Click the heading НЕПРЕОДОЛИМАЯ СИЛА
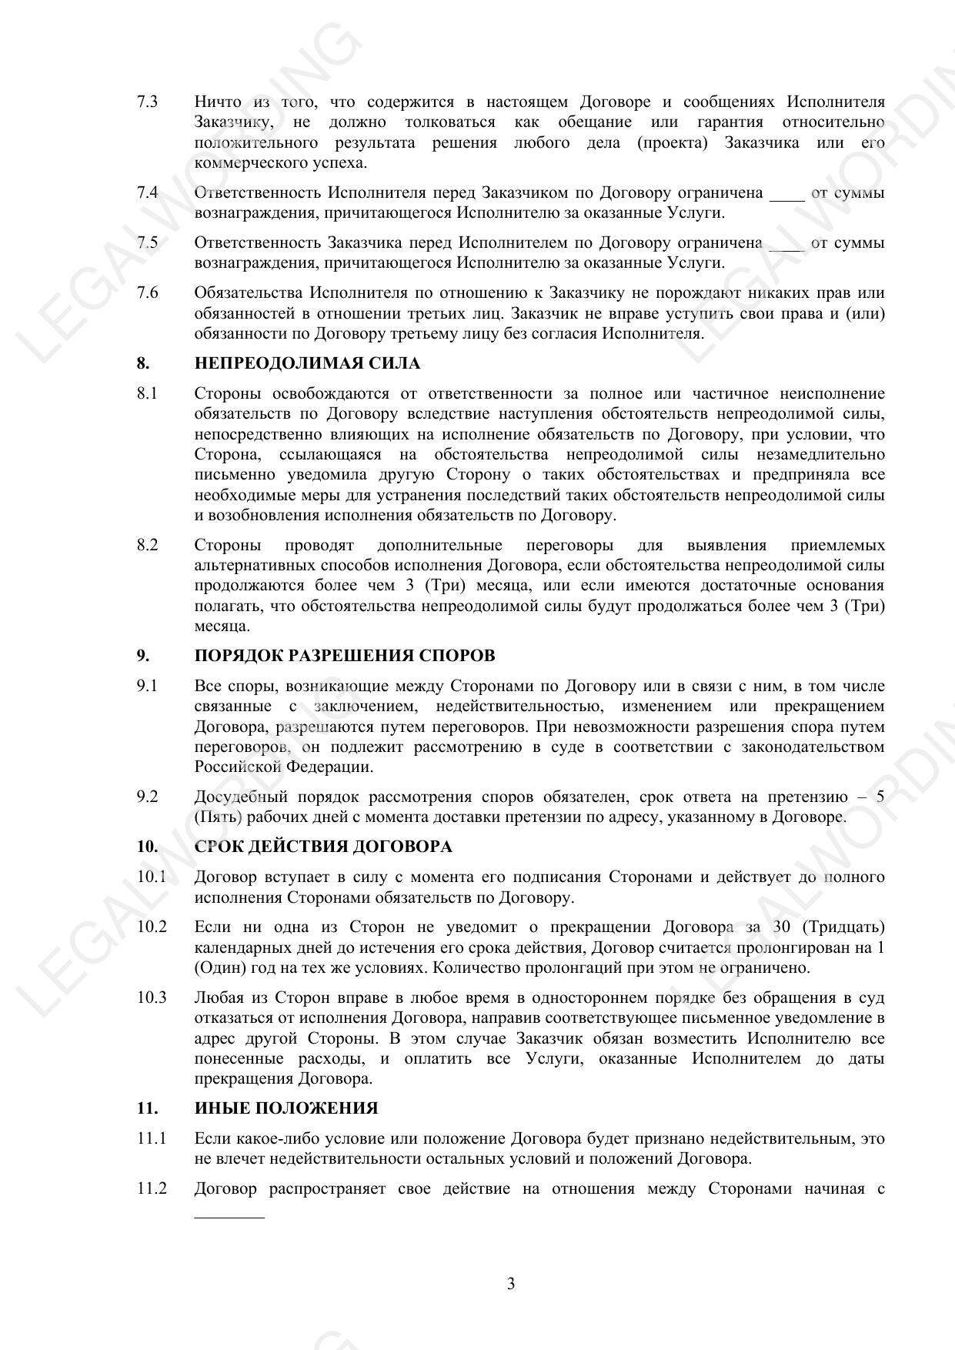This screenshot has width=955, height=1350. click(307, 363)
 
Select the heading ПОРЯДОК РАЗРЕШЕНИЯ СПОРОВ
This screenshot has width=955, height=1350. click(344, 656)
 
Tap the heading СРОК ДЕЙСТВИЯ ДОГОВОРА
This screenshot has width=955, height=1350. click(323, 847)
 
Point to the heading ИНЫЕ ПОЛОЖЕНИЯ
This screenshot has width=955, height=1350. click(285, 1108)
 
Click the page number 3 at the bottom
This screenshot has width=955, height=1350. click(511, 1284)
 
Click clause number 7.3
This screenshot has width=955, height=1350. click(148, 102)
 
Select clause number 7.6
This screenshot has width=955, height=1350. click(148, 293)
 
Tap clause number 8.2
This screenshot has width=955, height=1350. click(148, 546)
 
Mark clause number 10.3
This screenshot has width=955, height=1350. click(152, 998)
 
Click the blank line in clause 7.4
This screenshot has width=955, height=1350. click(786, 197)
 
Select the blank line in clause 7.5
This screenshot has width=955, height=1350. click(786, 248)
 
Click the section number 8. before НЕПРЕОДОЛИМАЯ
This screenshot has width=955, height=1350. click(143, 363)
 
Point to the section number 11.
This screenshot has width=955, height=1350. click(147, 1108)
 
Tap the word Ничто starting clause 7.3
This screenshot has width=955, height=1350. click(218, 102)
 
